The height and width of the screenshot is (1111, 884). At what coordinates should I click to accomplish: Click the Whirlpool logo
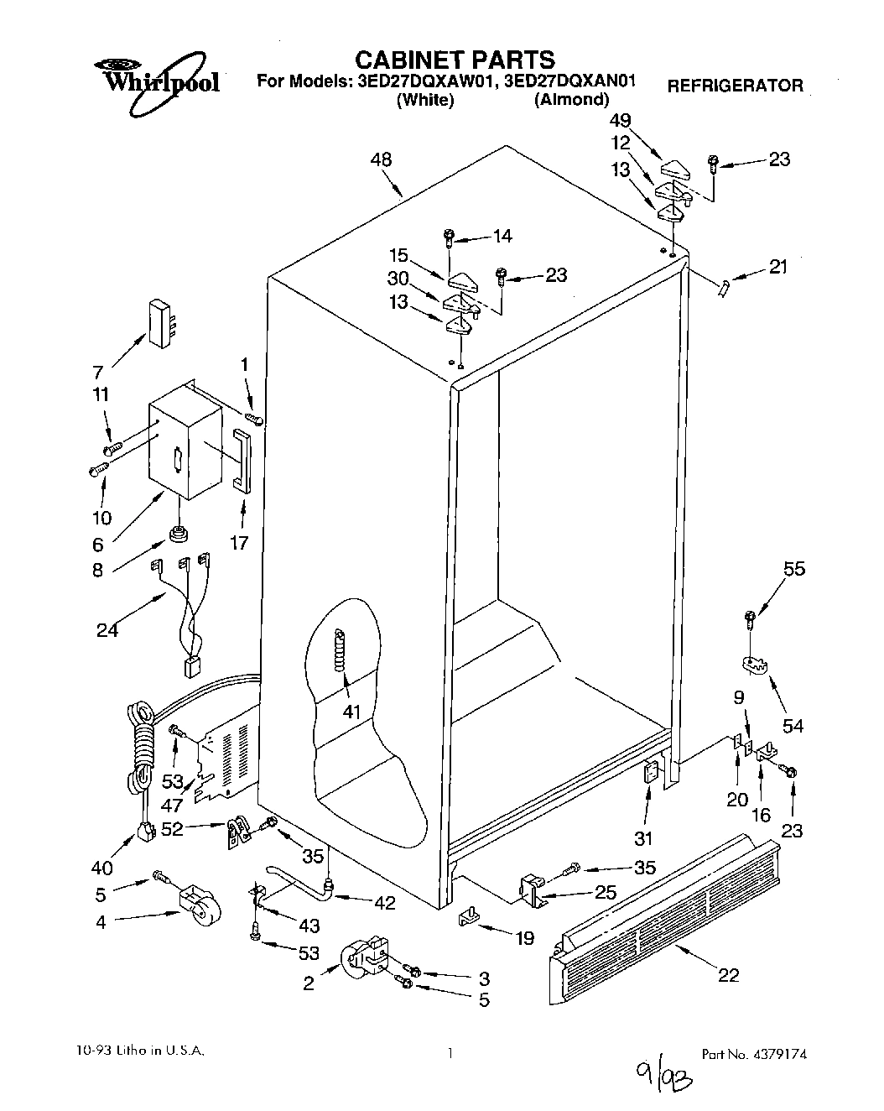[155, 78]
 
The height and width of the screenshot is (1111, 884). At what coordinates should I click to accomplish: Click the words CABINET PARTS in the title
[455, 60]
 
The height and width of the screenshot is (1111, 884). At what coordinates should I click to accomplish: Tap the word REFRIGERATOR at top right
[735, 85]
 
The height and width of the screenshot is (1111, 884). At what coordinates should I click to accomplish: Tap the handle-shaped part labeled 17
[240, 457]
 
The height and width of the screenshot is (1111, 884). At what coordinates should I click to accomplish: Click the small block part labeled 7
[159, 322]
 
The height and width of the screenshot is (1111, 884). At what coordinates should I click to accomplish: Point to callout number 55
[793, 569]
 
